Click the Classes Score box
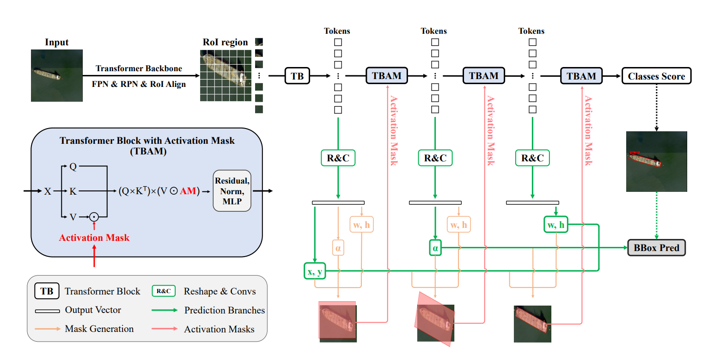click(656, 76)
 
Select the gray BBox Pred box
click(656, 248)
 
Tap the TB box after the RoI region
click(298, 76)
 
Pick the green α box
click(435, 248)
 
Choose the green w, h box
click(556, 225)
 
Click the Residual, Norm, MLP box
click(232, 191)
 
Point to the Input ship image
click(57, 75)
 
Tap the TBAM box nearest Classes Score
click(581, 76)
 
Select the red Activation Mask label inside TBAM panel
click(94, 238)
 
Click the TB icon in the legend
click(47, 291)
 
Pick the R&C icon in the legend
click(164, 291)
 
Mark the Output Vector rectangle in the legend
click(47, 311)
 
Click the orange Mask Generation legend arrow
click(47, 329)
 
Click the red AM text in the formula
click(188, 191)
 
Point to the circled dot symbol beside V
click(94, 215)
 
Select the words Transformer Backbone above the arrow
click(139, 68)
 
